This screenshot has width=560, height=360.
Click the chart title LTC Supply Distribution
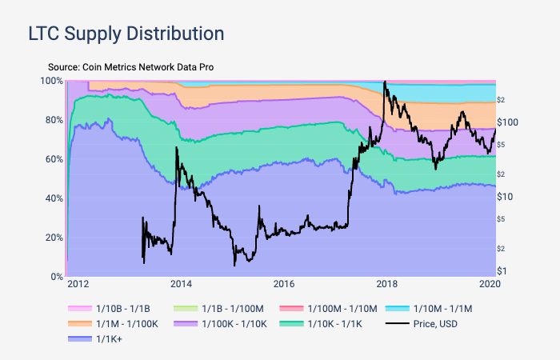(126, 34)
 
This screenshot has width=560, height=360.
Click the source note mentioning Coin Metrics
(130, 67)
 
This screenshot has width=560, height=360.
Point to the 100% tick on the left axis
(52, 81)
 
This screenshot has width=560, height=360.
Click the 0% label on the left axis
(55, 277)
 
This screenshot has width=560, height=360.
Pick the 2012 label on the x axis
(78, 284)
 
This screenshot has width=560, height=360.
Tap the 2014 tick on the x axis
(181, 284)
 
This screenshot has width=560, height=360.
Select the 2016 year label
(284, 284)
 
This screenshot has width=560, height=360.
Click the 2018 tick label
(387, 284)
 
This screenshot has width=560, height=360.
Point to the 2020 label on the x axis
(490, 284)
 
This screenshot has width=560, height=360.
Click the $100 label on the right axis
(509, 122)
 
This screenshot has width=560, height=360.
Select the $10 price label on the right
(506, 197)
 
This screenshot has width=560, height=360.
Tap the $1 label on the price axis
(502, 271)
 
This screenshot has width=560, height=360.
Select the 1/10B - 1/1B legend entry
(115, 307)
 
